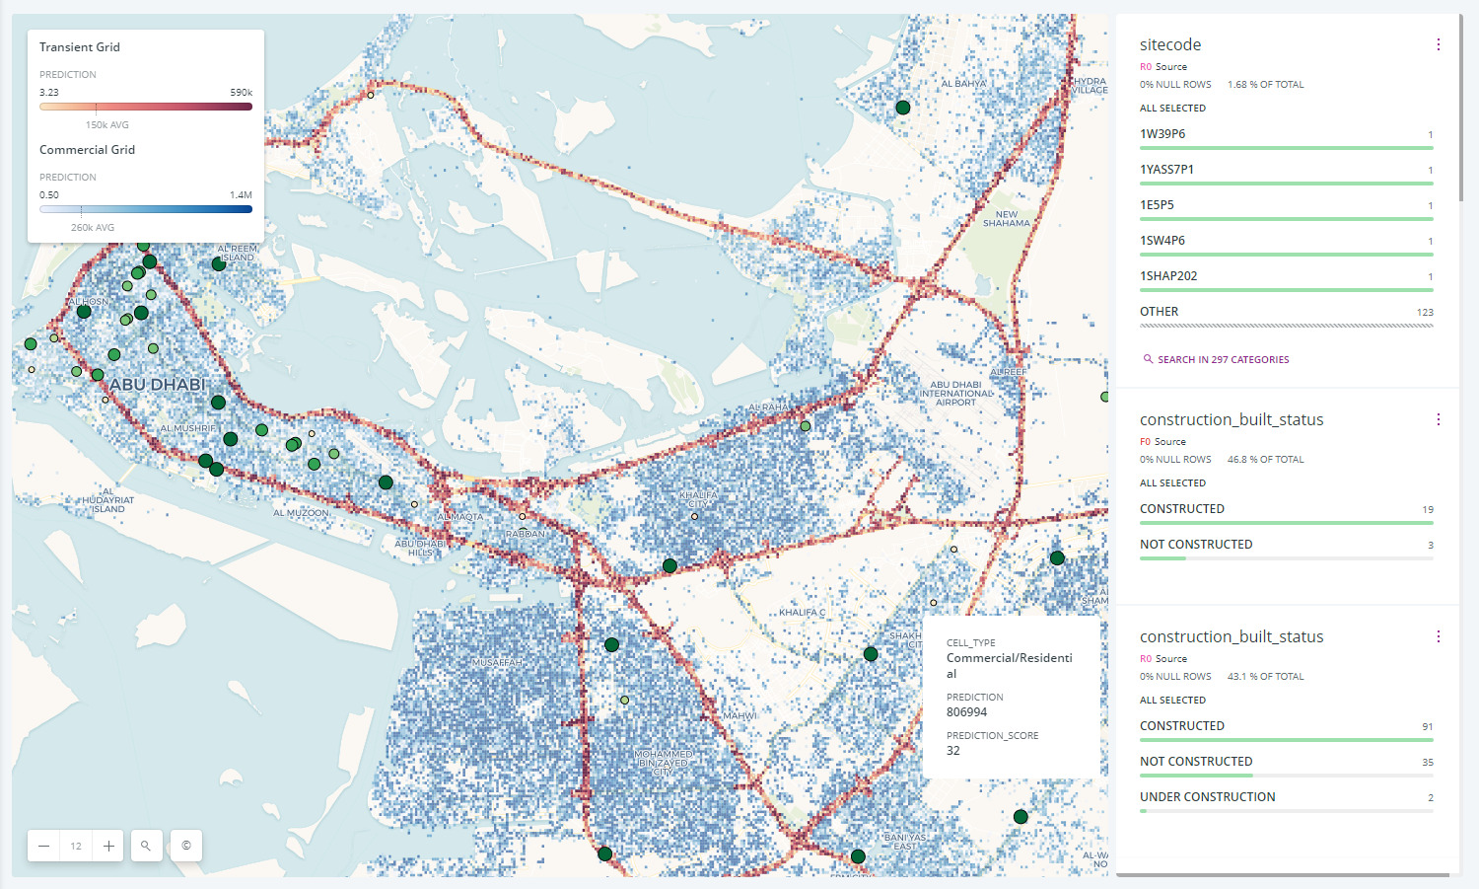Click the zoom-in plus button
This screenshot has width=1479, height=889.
click(x=108, y=846)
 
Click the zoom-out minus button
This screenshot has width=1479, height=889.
click(x=44, y=846)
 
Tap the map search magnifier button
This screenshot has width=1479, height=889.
click(x=146, y=846)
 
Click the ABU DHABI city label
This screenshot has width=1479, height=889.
click(x=158, y=384)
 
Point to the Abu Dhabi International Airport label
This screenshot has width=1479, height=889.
click(x=956, y=393)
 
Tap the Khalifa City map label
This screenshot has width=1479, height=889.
click(x=698, y=498)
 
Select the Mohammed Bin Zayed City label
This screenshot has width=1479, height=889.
click(x=665, y=762)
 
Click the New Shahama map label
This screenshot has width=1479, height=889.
click(x=1006, y=218)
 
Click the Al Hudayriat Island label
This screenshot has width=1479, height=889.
click(x=107, y=500)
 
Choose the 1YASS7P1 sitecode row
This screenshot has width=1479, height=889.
click(x=1166, y=170)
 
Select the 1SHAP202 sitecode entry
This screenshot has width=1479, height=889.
click(x=1168, y=276)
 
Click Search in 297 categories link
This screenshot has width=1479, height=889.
click(x=1223, y=360)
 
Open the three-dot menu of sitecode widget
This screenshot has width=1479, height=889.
click(x=1438, y=44)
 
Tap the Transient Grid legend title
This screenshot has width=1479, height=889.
click(x=80, y=47)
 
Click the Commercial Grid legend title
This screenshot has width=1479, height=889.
click(x=87, y=150)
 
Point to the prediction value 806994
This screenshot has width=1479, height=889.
click(x=966, y=712)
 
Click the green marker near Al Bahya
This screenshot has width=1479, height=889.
click(x=902, y=108)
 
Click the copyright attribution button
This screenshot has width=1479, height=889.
click(x=186, y=846)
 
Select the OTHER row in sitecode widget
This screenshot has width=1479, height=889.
click(x=1160, y=312)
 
